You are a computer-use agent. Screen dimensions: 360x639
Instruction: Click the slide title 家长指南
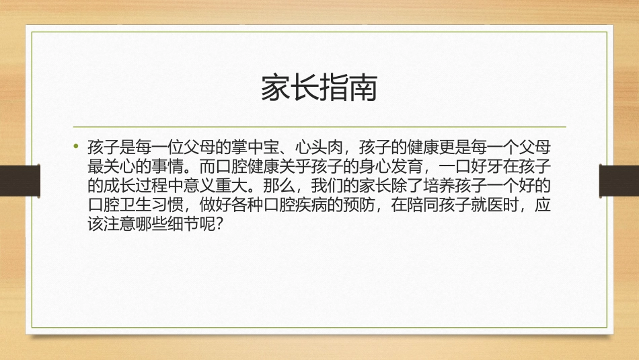[x=319, y=88]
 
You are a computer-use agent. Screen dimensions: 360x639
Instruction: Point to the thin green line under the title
[x=319, y=127]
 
